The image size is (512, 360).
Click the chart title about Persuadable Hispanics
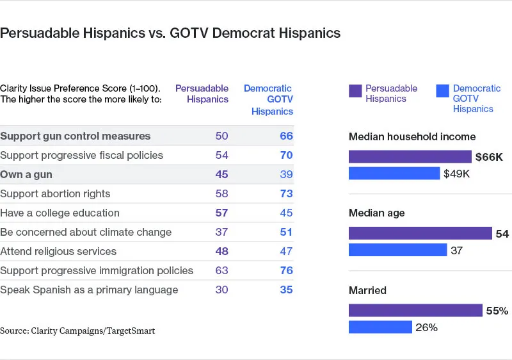(x=170, y=33)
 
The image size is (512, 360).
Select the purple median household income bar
(x=410, y=156)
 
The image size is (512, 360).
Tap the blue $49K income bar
(x=394, y=173)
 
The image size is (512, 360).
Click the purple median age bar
(x=420, y=234)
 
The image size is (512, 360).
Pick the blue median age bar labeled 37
(x=397, y=250)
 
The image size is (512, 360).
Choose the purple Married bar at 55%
(x=415, y=311)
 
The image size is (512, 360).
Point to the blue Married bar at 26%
(x=380, y=327)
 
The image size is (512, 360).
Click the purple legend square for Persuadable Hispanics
(x=355, y=90)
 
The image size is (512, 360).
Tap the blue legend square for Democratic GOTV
(x=442, y=90)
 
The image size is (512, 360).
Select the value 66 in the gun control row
(x=286, y=136)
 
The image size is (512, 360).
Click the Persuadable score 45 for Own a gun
(x=221, y=174)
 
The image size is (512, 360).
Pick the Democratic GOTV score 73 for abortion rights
(x=286, y=193)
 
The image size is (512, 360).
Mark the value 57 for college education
(x=221, y=213)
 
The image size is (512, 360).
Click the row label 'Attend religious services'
(x=58, y=251)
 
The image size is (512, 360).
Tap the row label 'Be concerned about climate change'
(x=86, y=232)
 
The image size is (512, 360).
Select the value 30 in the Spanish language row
(x=221, y=290)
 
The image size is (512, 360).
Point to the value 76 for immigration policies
(x=286, y=270)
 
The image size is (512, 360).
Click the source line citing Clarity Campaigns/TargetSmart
(x=77, y=331)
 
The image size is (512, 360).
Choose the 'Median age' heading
(x=377, y=213)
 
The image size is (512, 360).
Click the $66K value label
(x=490, y=157)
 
